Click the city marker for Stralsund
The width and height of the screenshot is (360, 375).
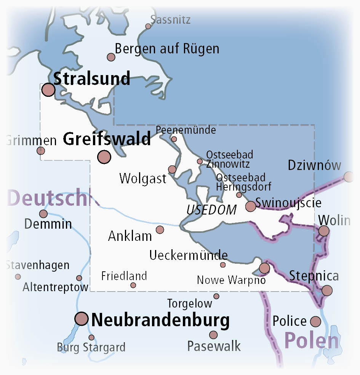(x=48, y=90)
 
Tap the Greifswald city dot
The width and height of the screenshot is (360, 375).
(x=104, y=157)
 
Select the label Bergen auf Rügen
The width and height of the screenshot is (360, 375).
(x=167, y=49)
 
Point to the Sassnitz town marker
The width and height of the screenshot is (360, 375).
(x=148, y=26)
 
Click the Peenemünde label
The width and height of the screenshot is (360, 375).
(x=186, y=130)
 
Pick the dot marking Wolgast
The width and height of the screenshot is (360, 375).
(x=172, y=170)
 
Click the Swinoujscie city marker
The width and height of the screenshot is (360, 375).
(x=251, y=206)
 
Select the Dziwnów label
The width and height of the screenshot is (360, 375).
(x=314, y=165)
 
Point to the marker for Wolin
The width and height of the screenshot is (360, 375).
(x=324, y=231)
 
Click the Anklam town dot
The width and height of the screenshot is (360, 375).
(x=160, y=229)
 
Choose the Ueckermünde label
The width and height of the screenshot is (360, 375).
(x=189, y=255)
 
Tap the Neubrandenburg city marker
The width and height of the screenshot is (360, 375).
(x=82, y=318)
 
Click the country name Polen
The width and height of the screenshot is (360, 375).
(x=311, y=341)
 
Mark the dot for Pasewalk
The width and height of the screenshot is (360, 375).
(x=213, y=335)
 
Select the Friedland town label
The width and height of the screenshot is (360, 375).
(x=124, y=276)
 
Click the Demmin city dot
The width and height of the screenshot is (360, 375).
(x=43, y=214)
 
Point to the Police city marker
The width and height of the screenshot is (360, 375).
(x=315, y=322)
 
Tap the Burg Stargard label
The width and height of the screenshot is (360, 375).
(x=91, y=348)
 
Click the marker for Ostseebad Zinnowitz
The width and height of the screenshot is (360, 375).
(x=200, y=162)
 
